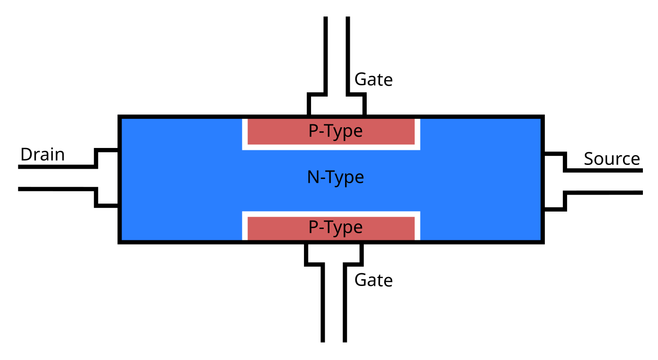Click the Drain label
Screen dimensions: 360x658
(x=42, y=155)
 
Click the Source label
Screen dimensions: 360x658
(x=612, y=159)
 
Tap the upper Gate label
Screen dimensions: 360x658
(x=373, y=80)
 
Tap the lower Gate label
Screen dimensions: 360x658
(x=373, y=280)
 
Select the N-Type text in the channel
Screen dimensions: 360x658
(x=336, y=178)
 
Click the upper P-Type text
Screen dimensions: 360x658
(x=336, y=131)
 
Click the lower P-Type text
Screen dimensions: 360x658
(x=336, y=228)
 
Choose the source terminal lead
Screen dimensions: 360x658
(x=603, y=182)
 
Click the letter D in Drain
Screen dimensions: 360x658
(x=26, y=155)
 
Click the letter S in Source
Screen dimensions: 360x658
(x=589, y=159)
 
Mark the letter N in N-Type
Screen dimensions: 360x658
(x=313, y=177)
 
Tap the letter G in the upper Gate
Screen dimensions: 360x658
(x=361, y=79)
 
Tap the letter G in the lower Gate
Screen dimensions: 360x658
(x=361, y=280)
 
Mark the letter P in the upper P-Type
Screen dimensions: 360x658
(x=313, y=131)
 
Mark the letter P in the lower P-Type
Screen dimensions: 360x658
(x=313, y=227)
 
